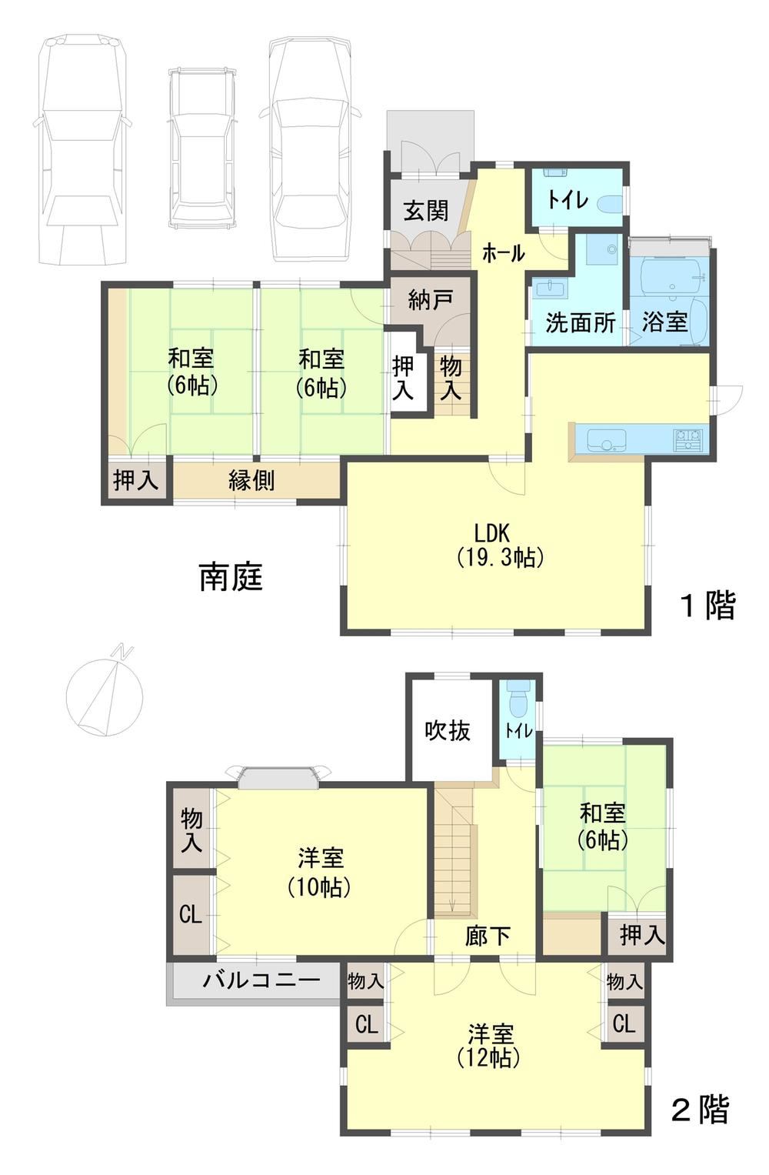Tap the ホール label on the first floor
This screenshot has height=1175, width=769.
[503, 253]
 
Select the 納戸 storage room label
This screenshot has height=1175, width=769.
[429, 300]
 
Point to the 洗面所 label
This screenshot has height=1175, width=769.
[580, 322]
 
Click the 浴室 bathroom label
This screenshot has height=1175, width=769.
[664, 322]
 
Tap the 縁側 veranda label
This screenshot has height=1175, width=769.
[251, 480]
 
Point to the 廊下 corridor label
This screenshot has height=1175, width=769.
[488, 935]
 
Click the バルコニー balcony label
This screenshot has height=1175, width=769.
[261, 979]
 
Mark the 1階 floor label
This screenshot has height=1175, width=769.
[707, 606]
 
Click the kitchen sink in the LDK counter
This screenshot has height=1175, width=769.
[608, 439]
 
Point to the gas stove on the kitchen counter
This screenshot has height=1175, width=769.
[688, 439]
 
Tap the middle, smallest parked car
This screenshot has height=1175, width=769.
[201, 149]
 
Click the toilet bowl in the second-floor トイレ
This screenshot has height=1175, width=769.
[518, 702]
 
